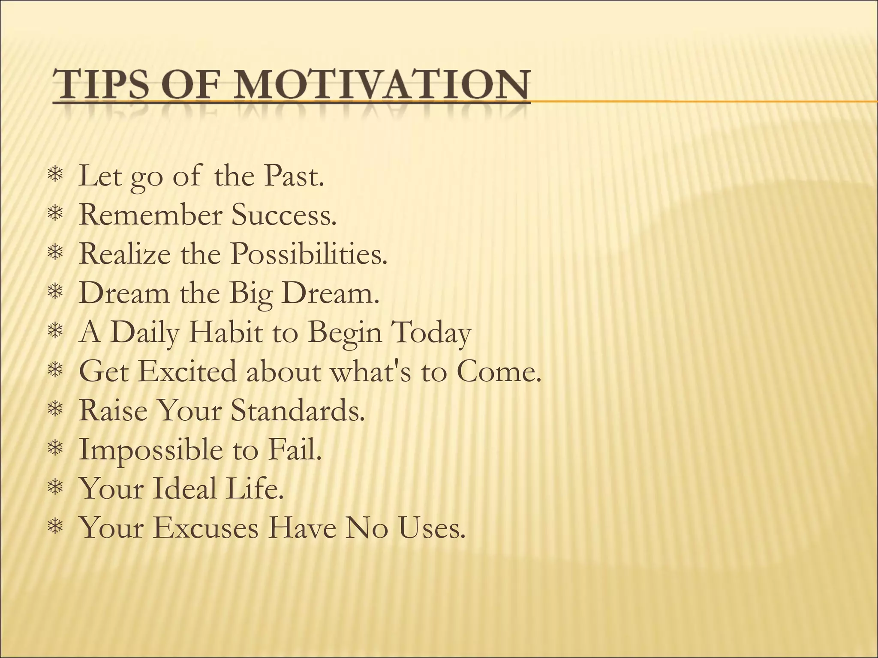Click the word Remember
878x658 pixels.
150,215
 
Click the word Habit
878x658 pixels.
226,332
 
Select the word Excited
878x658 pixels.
187,371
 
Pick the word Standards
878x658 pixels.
298,410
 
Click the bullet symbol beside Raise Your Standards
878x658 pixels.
55,410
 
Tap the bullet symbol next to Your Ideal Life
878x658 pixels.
55,488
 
